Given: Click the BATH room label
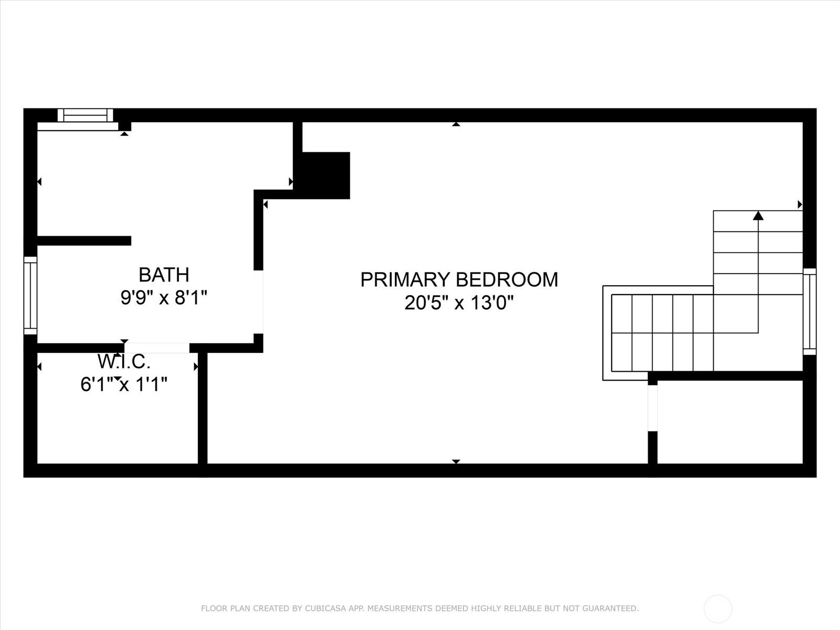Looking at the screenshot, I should click(163, 275).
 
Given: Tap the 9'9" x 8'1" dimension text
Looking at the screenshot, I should click(163, 298).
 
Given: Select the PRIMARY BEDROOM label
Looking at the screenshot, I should click(459, 279).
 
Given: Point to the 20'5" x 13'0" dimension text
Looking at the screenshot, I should click(459, 303).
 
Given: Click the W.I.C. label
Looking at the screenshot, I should click(124, 362).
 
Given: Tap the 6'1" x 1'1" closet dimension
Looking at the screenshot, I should click(124, 385).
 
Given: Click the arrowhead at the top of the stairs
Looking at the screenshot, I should click(758, 215).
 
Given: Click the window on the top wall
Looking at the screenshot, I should click(85, 115).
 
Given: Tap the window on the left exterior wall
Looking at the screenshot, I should click(30, 296).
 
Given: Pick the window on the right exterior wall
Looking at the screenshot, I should click(810, 312).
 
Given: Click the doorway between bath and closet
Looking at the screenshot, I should click(156, 348).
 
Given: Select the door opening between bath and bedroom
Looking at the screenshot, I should click(258, 301).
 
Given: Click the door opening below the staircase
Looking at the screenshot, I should click(653, 408).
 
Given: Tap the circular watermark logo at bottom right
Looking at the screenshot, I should click(718, 609).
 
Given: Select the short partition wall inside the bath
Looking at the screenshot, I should click(84, 241).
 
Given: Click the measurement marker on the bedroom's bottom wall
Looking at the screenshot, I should click(456, 461).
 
